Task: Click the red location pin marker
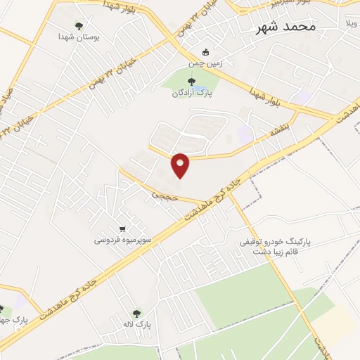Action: [181, 164]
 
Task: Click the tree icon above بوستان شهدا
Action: [78, 26]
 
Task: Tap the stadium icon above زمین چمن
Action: [205, 52]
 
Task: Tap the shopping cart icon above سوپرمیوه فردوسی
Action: [123, 229]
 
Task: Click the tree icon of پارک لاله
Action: [137, 314]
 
